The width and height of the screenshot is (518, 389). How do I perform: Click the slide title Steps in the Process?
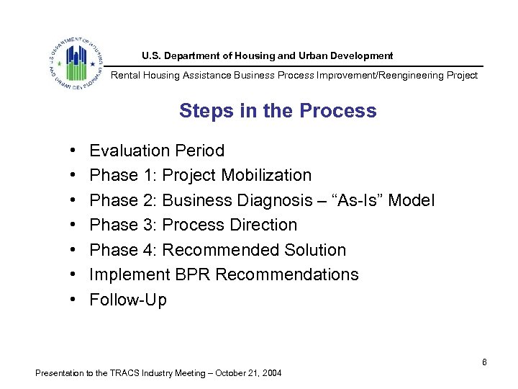pos(278,111)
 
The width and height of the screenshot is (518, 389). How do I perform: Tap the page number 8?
pos(484,362)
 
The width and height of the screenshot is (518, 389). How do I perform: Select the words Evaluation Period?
pos(157,151)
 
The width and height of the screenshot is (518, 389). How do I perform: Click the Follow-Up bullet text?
pos(128,300)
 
